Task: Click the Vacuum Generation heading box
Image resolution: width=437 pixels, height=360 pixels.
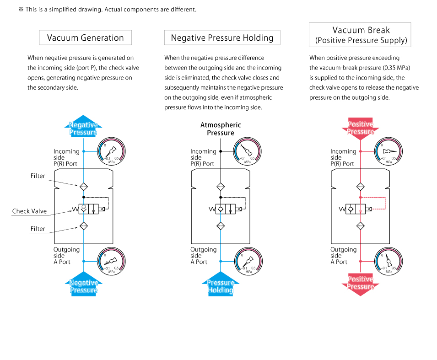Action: click(86, 38)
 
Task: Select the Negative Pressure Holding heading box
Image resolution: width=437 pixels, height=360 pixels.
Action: click(222, 38)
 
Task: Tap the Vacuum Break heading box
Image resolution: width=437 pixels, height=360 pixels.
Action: click(360, 35)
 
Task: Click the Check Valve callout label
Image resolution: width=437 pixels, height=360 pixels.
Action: click(29, 211)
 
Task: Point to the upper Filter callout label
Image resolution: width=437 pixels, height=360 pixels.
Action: click(38, 176)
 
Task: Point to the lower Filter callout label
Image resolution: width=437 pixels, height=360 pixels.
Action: click(38, 229)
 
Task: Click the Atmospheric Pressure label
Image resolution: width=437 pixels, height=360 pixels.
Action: click(221, 129)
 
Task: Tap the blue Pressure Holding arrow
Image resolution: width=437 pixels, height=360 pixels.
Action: click(221, 285)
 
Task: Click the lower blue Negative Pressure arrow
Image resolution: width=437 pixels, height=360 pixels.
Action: click(84, 285)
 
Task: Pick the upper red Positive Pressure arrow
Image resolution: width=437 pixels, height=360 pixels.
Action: click(360, 127)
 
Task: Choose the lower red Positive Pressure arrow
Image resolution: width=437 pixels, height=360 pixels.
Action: click(360, 284)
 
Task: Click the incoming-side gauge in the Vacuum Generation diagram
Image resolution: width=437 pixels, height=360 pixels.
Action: click(111, 151)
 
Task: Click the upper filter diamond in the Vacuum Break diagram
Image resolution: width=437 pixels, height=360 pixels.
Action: click(361, 187)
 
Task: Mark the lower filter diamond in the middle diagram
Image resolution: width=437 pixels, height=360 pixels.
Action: click(221, 226)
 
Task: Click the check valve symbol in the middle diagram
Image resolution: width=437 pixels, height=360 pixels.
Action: click(221, 209)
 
